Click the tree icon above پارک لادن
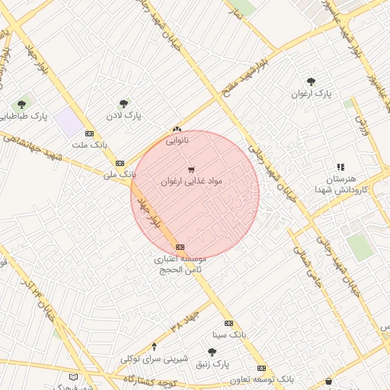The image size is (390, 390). [x=124, y=104]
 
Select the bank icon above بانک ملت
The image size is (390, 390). [x=90, y=133]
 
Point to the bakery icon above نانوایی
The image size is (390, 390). [x=177, y=129]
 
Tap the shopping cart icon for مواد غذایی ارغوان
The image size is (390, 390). [x=190, y=169]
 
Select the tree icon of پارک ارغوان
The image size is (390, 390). [x=311, y=82]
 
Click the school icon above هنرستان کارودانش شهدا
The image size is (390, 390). [x=340, y=167]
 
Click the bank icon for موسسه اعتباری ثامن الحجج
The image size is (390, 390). [x=180, y=247]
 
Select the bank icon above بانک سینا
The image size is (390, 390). [x=229, y=323]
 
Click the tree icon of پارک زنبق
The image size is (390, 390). [x=212, y=352]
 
